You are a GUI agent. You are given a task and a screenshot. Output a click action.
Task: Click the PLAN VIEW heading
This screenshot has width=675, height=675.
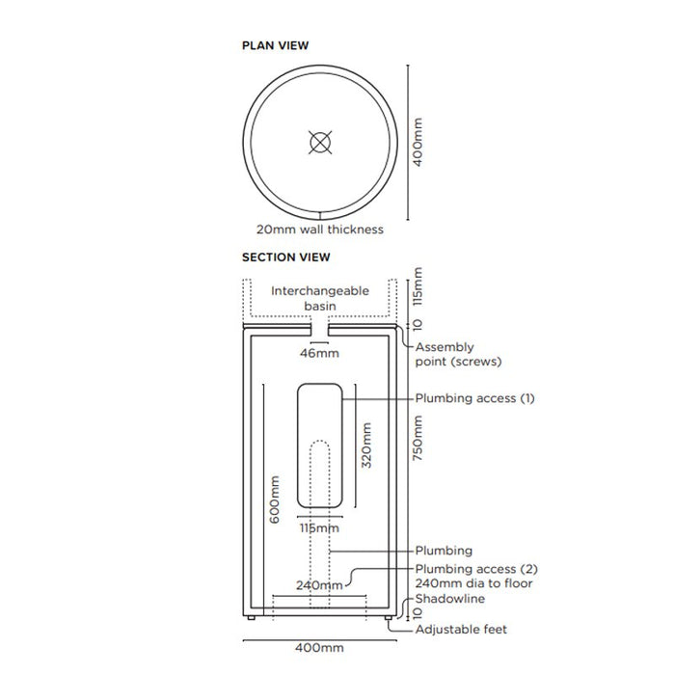pyautogui.click(x=275, y=45)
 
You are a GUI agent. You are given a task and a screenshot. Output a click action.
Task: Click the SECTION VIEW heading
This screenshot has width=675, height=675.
pyautogui.click(x=285, y=257)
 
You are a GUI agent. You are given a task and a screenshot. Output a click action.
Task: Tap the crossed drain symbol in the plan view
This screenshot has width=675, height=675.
pyautogui.click(x=320, y=143)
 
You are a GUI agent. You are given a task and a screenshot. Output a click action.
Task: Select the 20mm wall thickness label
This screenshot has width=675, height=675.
pyautogui.click(x=320, y=229)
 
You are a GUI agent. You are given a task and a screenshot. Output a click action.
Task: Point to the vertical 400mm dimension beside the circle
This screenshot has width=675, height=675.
pyautogui.click(x=418, y=143)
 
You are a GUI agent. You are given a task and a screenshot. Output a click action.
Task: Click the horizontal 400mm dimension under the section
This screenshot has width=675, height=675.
pyautogui.click(x=319, y=647)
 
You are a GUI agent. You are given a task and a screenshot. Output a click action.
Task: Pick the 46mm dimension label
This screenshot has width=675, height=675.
pyautogui.click(x=319, y=353)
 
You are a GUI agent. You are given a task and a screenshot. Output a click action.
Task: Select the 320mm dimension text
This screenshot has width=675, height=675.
pyautogui.click(x=366, y=445)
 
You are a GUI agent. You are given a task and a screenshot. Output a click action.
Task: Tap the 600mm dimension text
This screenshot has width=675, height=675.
pyautogui.click(x=274, y=499)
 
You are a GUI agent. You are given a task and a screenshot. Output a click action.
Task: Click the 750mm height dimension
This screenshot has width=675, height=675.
pyautogui.click(x=418, y=438)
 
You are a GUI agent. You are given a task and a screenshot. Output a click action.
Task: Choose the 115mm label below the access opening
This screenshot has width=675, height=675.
pyautogui.click(x=319, y=528)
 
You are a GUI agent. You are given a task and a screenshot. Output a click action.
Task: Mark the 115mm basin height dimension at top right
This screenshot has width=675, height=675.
pyautogui.click(x=418, y=286)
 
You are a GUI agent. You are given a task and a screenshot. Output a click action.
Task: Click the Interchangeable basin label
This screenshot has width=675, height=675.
pyautogui.click(x=320, y=298)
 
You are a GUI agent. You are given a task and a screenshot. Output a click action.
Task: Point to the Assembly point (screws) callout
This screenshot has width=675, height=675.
pyautogui.click(x=458, y=354)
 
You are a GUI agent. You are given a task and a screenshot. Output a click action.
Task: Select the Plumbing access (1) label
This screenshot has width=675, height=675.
pyautogui.click(x=474, y=398)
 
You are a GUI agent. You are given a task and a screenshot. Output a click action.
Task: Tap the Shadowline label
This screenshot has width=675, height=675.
pyautogui.click(x=450, y=599)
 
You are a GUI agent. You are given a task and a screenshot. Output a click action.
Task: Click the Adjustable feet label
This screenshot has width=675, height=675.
pyautogui.click(x=461, y=630)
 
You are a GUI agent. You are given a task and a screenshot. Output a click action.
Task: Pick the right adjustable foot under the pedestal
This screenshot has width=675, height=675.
pyautogui.click(x=389, y=618)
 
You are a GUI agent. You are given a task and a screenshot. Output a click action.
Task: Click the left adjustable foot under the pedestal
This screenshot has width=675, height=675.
pyautogui.click(x=251, y=618)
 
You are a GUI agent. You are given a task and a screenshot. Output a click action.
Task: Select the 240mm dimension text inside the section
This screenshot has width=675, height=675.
pyautogui.click(x=319, y=585)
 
